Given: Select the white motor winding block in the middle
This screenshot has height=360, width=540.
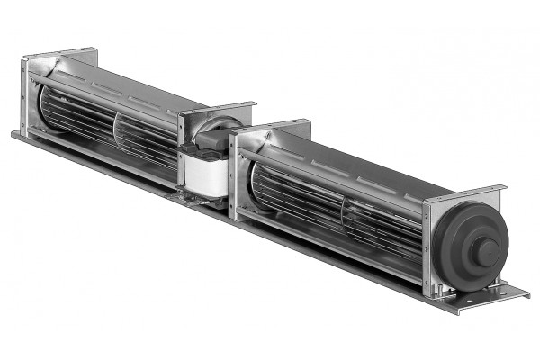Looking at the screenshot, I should pyautogui.click(x=202, y=170).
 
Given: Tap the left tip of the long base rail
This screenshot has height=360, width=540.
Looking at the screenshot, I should pyautogui.click(x=16, y=134).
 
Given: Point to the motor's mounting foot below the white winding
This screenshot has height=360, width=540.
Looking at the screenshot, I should pyautogui.click(x=202, y=196).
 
